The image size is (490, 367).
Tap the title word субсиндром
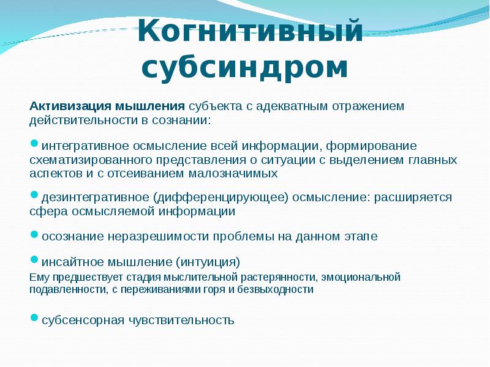pos(245,67)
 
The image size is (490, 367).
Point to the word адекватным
pos(294,106)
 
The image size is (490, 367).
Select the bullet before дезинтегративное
pos(34,195)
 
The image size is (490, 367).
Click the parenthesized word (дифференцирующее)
pos(221,198)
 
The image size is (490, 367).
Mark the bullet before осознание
pos(34,233)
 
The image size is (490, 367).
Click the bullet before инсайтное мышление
pos(34,260)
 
